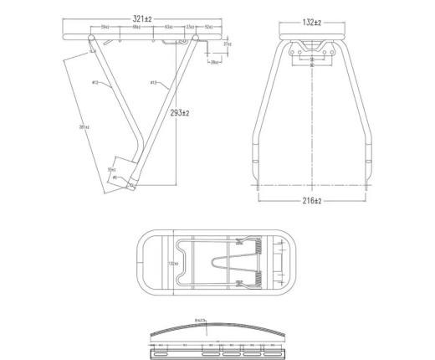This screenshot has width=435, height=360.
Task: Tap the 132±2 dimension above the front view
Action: point(311,23)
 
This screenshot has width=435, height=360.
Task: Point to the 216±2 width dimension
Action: point(312,203)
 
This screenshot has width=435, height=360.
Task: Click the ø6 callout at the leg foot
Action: point(115,178)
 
